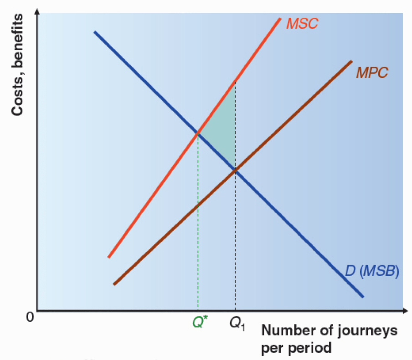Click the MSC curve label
(302, 23)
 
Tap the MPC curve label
(372, 72)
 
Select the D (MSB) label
(371, 273)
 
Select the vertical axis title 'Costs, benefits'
(18, 65)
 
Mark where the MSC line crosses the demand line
(198, 133)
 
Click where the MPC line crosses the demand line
(235, 170)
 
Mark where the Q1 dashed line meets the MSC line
(235, 81)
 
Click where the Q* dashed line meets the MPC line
(198, 206)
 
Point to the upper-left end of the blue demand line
(95, 32)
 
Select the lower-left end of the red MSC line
(108, 257)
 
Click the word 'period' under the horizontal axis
(283, 348)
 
